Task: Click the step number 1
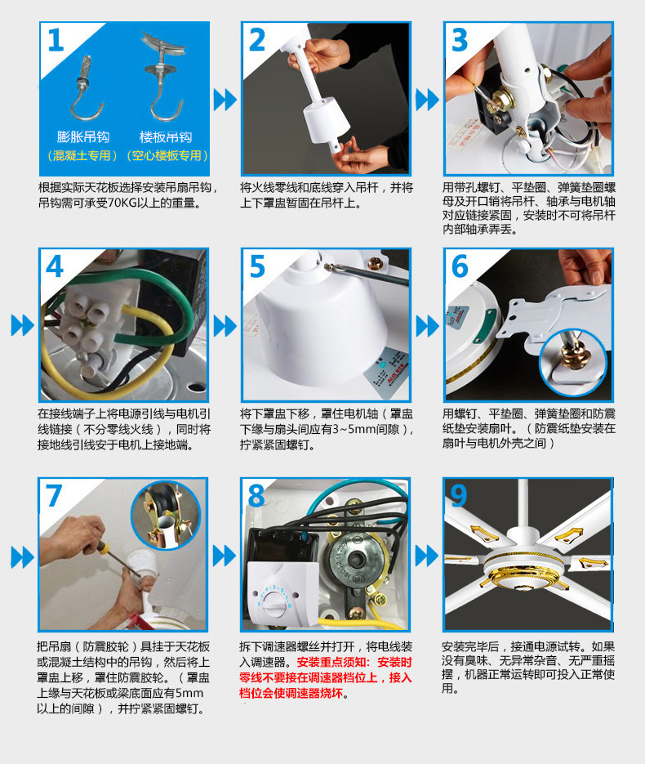tap(56, 40)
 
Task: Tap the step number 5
tap(257, 266)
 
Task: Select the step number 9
tap(459, 495)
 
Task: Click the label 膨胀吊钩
tap(83, 137)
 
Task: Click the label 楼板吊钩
tap(166, 137)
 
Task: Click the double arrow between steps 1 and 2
tap(225, 100)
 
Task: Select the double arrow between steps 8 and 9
tap(426, 556)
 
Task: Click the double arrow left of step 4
tap(22, 325)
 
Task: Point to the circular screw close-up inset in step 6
tap(573, 362)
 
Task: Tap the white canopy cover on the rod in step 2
tap(327, 122)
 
